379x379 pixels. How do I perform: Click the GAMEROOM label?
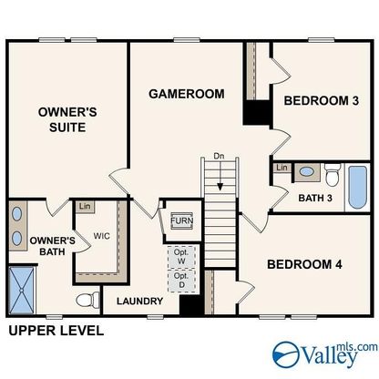pos(187,94)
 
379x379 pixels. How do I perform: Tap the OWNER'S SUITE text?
pos(67,119)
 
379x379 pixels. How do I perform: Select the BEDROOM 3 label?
pos(322,100)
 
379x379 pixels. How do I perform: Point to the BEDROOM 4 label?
pos(304,264)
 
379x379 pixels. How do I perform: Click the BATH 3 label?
pos(315,198)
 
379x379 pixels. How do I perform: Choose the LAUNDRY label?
pos(140,302)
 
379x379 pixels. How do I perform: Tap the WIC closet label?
pos(102,236)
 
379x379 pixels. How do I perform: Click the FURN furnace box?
pos(182,220)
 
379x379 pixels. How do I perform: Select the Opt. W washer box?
pos(181,257)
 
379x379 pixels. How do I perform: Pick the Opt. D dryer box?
pos(181,281)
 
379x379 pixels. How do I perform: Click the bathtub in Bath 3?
pos(357,187)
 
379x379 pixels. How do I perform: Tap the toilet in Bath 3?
pos(333,175)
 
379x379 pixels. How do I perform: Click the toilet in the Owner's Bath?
pos(87,300)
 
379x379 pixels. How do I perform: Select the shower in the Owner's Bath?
pos(21,291)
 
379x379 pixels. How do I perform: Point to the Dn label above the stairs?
pos(219,157)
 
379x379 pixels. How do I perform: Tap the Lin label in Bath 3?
pos(282,168)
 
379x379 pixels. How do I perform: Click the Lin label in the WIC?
pos(85,207)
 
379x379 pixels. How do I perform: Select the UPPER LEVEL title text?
pos(56,331)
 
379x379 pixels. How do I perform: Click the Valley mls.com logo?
pos(325,354)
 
